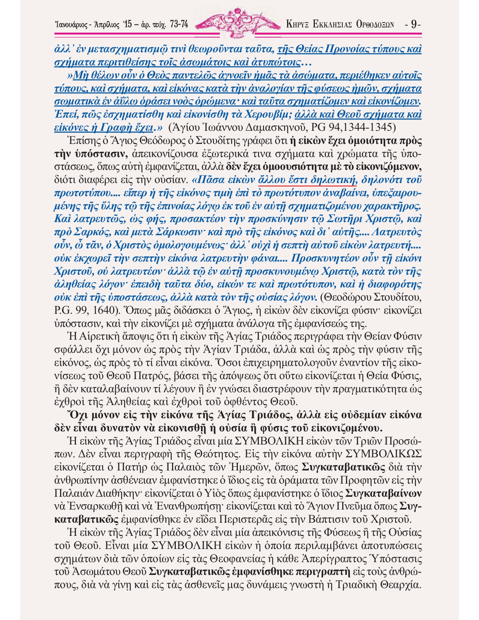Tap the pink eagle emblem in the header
click(x=237, y=23)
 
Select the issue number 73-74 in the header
click(x=179, y=25)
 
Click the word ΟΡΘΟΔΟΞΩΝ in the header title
click(x=375, y=25)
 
